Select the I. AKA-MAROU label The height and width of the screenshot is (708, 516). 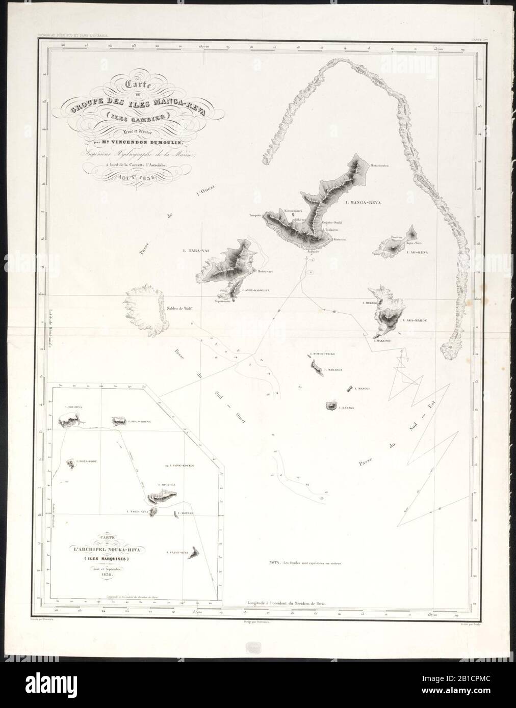click(x=414, y=321)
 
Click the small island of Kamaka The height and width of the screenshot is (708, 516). click(x=332, y=406)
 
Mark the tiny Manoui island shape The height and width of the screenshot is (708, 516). click(x=349, y=389)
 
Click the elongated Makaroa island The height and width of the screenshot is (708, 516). click(x=316, y=367)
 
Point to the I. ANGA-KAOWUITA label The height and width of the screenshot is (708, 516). click(x=251, y=291)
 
